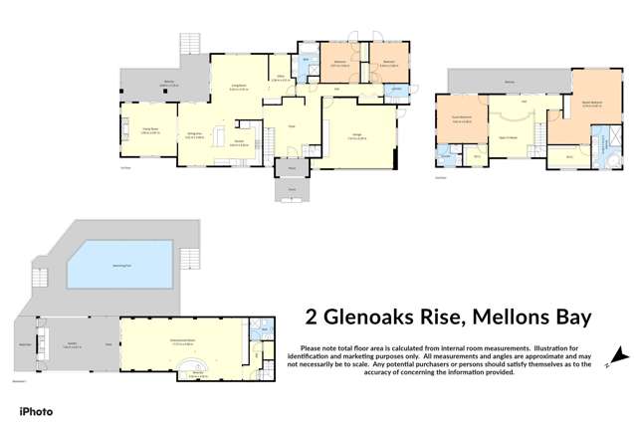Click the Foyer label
click(293, 126)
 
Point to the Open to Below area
click(508, 136)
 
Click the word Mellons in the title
click(488, 318)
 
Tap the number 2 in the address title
click(309, 318)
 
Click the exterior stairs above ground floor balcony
click(188, 45)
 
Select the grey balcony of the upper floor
click(508, 79)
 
